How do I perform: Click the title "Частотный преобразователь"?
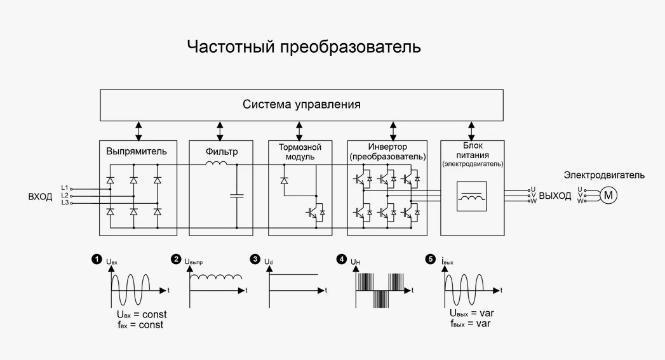[304, 47]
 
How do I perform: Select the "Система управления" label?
[301, 105]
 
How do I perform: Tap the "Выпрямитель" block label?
[137, 152]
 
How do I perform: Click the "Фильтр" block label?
[221, 152]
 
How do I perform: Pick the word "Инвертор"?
[387, 147]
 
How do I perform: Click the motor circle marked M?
[608, 195]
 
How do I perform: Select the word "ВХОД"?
[40, 196]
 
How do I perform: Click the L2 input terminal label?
[64, 196]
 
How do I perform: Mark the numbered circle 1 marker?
[97, 259]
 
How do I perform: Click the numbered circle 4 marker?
[342, 259]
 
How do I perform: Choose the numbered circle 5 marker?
[431, 259]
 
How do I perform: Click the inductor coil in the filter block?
[217, 166]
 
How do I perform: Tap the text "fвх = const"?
[136, 324]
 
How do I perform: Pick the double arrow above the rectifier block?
[138, 130]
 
